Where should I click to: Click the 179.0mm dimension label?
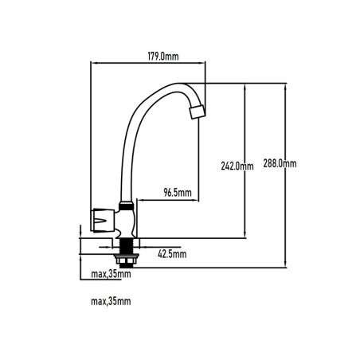click(163, 57)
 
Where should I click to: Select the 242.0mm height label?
click(237, 166)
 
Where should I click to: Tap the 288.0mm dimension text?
click(280, 163)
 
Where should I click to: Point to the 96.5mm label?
click(178, 192)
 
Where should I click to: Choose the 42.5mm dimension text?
click(172, 254)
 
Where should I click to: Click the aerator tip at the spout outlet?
click(198, 112)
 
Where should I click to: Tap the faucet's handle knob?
click(103, 221)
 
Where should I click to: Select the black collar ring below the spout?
click(126, 205)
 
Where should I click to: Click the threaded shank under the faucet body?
click(126, 246)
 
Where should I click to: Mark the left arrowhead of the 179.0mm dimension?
click(93, 63)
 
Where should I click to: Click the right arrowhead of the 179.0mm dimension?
click(203, 63)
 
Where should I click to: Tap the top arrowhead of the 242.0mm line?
click(245, 86)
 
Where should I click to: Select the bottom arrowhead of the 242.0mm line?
click(245, 235)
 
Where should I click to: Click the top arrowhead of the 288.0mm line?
click(286, 86)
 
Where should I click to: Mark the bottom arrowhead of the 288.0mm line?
click(286, 264)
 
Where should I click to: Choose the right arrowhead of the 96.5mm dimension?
click(196, 200)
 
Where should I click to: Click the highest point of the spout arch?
click(181, 84)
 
